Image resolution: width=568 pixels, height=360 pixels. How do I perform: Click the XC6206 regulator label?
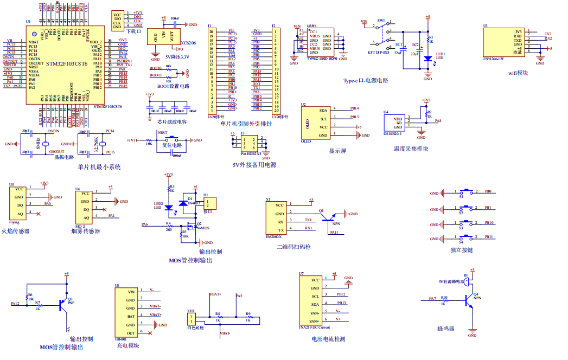(x=188, y=42)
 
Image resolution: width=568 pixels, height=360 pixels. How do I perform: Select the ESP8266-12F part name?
(x=493, y=58)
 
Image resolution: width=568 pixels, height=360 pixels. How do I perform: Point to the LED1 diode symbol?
(x=427, y=59)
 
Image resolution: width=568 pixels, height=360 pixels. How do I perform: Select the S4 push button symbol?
(x=465, y=237)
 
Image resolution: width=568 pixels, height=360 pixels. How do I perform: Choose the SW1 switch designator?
(x=381, y=20)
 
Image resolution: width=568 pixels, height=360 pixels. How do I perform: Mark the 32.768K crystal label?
(x=97, y=144)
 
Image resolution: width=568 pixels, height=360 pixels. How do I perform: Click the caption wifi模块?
(x=518, y=73)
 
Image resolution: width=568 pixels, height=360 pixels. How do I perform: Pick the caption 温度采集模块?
(x=411, y=149)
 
